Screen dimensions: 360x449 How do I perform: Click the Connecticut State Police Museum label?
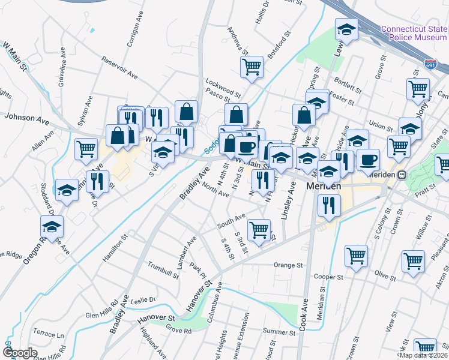[x=414, y=33]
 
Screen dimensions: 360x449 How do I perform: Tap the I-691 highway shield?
[x=430, y=63]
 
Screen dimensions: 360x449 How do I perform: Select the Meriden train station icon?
[x=402, y=175]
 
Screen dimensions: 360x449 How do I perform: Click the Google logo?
[x=20, y=353]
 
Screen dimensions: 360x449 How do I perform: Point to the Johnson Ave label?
[x=26, y=119]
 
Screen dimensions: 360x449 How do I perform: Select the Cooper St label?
[x=328, y=277]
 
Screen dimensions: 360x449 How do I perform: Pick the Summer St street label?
[x=276, y=331]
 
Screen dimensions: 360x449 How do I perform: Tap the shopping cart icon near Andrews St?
[x=252, y=67]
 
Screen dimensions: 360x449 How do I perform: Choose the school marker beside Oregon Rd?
[x=52, y=227]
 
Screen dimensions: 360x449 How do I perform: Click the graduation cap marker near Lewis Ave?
[x=346, y=29]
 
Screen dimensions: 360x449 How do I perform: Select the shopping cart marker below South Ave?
[x=259, y=229]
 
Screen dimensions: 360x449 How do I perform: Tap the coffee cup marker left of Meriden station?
[x=368, y=160]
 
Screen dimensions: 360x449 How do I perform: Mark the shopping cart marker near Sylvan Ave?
[x=86, y=148]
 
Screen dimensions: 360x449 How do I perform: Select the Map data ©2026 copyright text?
[x=424, y=355]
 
